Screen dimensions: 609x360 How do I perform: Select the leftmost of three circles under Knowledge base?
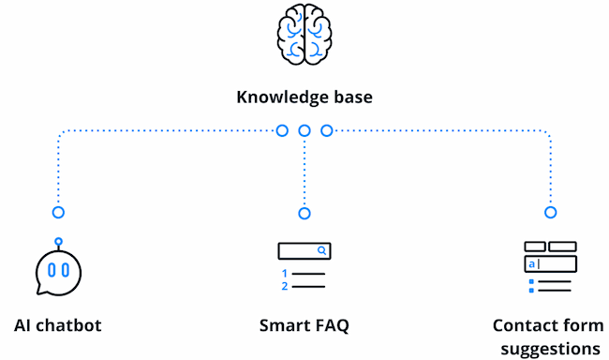tap(282, 130)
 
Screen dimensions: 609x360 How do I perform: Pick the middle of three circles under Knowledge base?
tap(304, 130)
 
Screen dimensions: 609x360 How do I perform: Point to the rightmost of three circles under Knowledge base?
tap(327, 130)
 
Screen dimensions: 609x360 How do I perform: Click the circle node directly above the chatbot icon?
tap(58, 213)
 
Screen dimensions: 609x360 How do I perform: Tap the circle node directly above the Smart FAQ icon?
tap(304, 213)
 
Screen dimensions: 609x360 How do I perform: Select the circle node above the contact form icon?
tap(550, 213)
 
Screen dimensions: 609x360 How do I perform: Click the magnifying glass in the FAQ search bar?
tap(321, 251)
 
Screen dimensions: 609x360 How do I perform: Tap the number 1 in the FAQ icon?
tap(284, 274)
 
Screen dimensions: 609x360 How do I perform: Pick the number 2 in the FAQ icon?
tap(284, 286)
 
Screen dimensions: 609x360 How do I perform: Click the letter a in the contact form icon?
tap(531, 264)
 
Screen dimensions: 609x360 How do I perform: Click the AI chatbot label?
tap(58, 326)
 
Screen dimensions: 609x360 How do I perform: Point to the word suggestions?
tap(550, 349)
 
